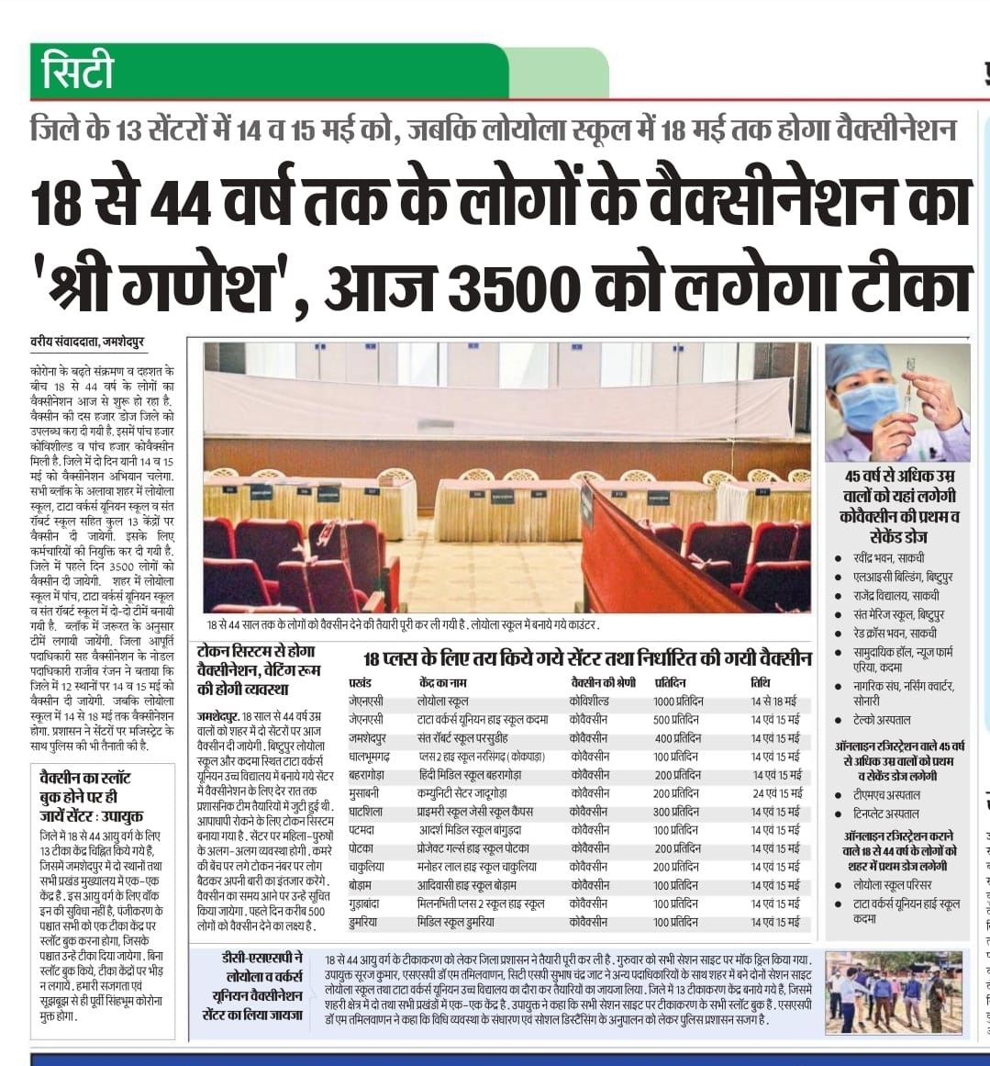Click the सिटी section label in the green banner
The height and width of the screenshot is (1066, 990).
click(x=78, y=72)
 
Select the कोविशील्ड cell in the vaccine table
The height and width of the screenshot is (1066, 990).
click(x=588, y=701)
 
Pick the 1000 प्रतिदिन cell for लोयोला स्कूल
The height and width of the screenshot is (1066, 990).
click(x=678, y=701)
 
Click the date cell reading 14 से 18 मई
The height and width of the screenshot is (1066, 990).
click(x=773, y=701)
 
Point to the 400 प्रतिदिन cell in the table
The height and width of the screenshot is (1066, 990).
click(x=677, y=738)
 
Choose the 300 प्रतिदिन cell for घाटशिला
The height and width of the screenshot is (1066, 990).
click(x=677, y=812)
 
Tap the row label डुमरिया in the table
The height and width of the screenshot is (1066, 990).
click(x=367, y=922)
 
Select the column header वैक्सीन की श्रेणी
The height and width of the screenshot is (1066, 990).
click(x=602, y=683)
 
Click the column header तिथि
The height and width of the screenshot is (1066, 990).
click(x=760, y=683)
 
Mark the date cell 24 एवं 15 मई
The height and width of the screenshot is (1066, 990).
click(x=776, y=793)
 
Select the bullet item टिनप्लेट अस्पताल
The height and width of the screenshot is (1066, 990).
click(x=886, y=814)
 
